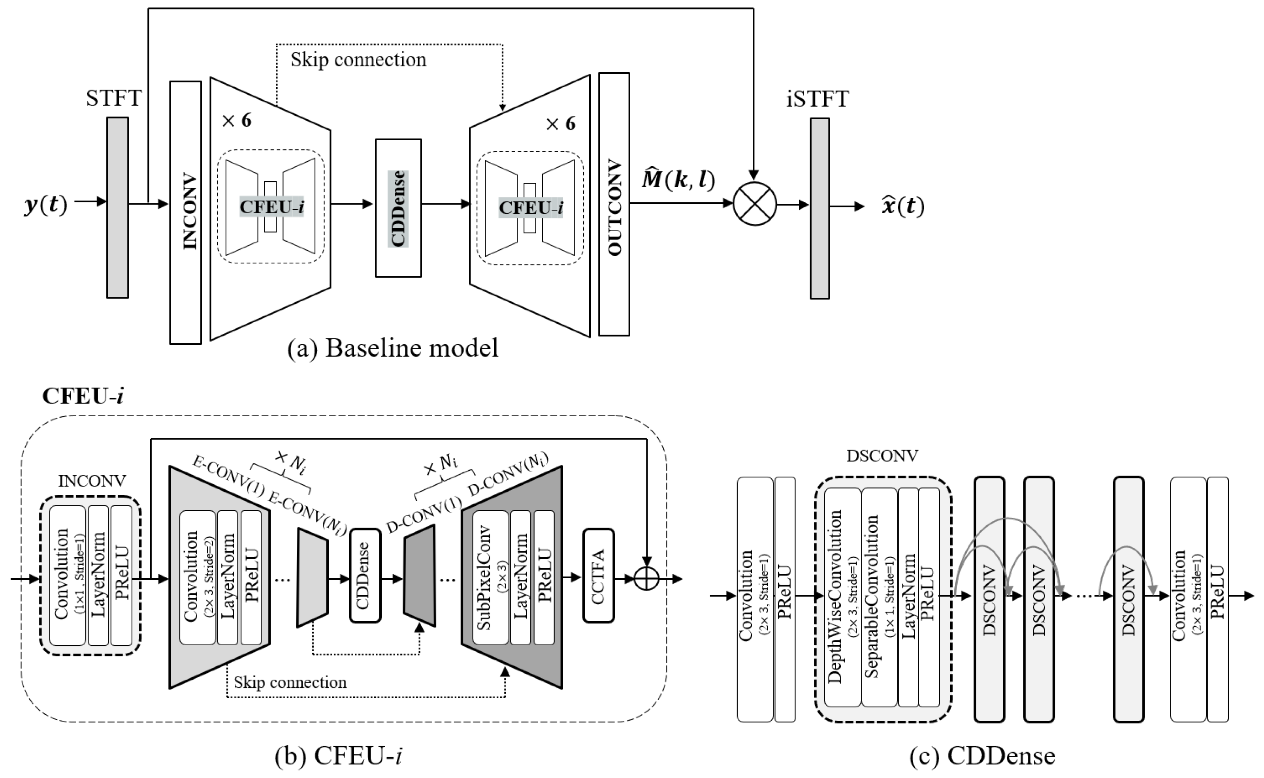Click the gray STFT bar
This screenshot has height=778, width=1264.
[117, 207]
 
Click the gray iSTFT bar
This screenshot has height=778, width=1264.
[819, 209]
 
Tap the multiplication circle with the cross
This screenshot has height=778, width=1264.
[755, 204]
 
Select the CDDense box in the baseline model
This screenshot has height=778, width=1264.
[398, 208]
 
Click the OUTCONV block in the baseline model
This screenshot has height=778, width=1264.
[614, 204]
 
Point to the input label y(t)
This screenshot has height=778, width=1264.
[45, 205]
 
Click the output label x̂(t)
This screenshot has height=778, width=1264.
[902, 206]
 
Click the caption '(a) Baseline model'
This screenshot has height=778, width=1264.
[393, 348]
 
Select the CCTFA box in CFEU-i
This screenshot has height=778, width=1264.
[599, 575]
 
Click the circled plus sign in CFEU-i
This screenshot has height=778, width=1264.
[646, 579]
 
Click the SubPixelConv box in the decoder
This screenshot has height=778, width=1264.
[490, 577]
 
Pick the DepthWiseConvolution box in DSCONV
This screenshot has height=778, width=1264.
[842, 597]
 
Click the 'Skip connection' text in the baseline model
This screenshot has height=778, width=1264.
[358, 60]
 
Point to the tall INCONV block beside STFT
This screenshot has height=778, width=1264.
[185, 212]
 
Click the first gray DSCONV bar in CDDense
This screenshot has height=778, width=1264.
[989, 599]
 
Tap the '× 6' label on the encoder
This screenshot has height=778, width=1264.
[236, 121]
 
